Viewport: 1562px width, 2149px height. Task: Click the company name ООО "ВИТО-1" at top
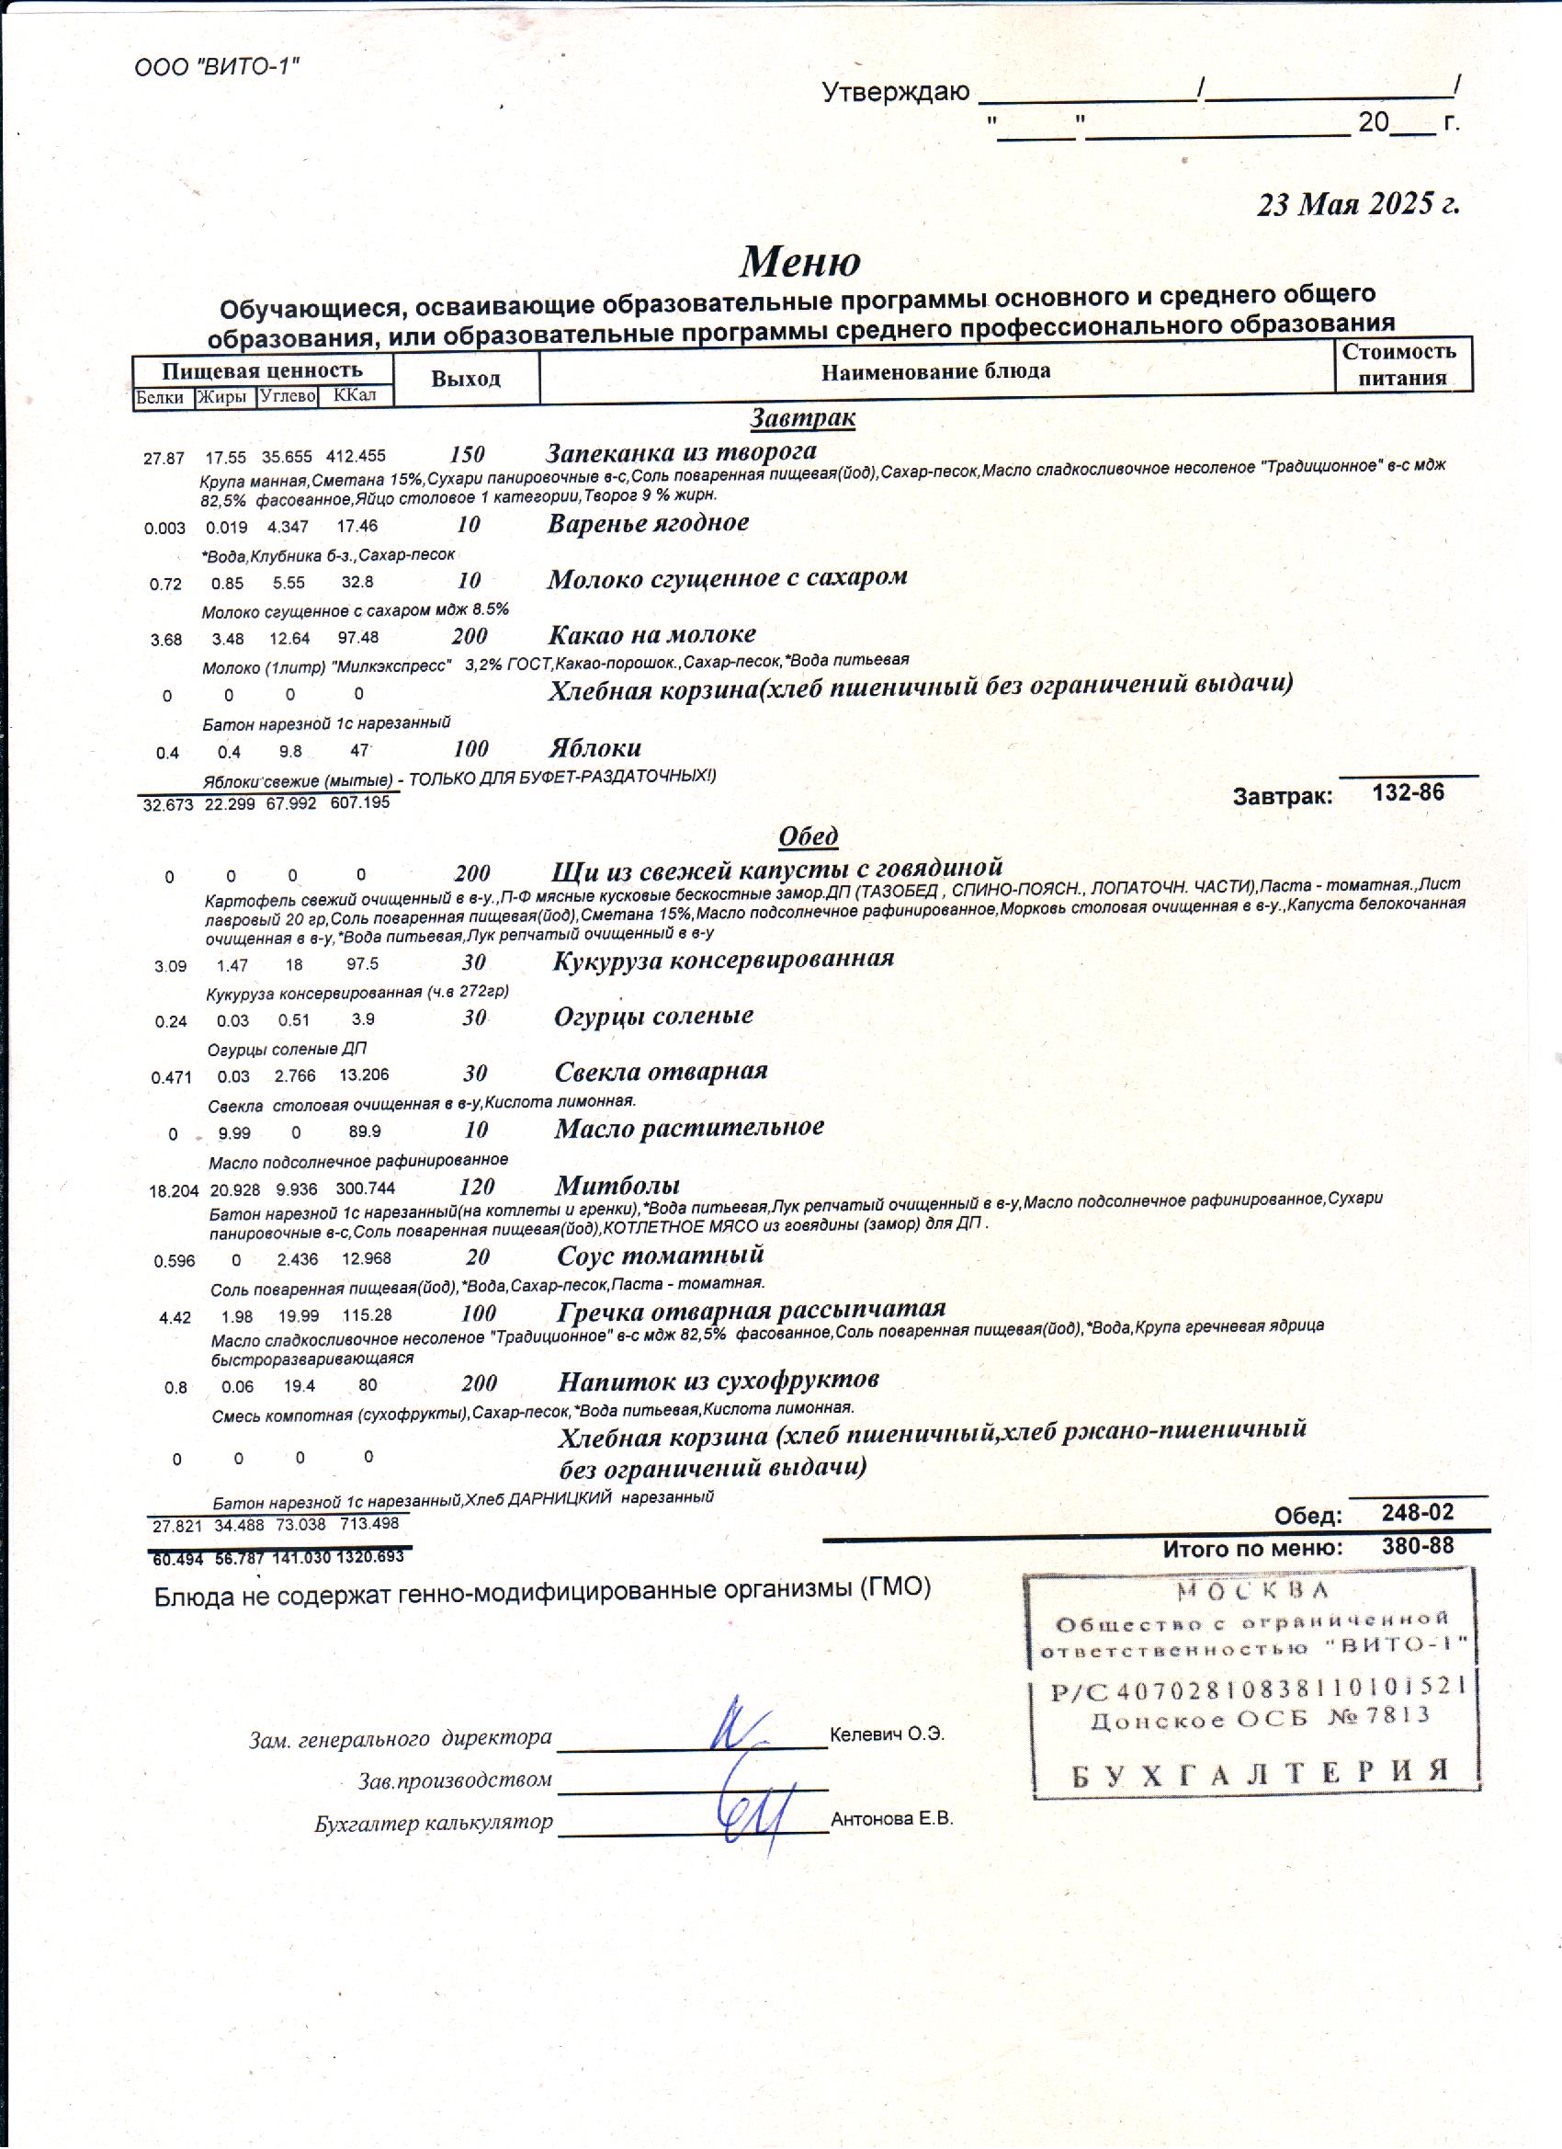click(217, 67)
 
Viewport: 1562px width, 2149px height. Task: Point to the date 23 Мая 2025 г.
click(1357, 204)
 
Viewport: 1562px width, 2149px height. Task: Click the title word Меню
click(799, 260)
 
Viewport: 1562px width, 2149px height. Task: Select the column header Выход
click(465, 379)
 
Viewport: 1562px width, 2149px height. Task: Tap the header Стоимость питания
click(1401, 365)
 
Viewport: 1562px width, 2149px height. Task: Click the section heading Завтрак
click(803, 418)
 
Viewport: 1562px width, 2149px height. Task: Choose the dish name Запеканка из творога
click(681, 452)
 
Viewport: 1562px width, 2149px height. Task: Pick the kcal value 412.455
click(356, 457)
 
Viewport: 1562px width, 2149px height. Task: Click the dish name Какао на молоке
click(651, 634)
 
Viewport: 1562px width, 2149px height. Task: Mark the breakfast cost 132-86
click(1408, 792)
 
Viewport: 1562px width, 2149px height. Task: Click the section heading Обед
click(808, 836)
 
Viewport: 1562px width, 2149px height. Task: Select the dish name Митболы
click(617, 1186)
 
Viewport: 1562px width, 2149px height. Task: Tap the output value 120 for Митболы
click(477, 1187)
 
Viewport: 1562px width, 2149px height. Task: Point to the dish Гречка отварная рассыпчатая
click(750, 1311)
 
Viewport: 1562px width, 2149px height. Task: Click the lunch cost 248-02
click(1417, 1512)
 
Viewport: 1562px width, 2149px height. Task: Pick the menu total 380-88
click(1417, 1545)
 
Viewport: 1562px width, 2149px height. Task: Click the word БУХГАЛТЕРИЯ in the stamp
click(1261, 1773)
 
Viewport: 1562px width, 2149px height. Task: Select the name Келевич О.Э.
click(887, 1735)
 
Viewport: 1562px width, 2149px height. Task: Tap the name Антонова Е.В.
click(891, 1818)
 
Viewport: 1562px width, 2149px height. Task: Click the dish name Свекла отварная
click(661, 1072)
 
